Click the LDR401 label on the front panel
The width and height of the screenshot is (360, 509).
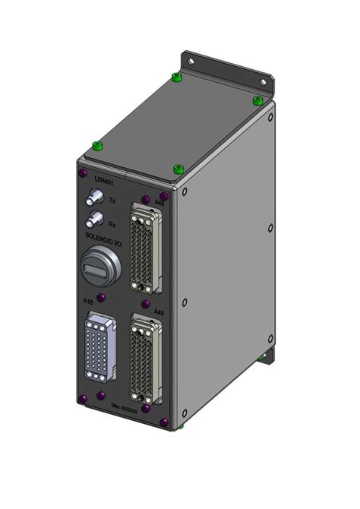[94, 182]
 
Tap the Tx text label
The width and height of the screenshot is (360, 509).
[113, 200]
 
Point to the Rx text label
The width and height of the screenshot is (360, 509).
[112, 223]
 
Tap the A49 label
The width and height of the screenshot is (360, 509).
[158, 312]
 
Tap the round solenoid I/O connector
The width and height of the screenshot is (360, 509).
[98, 267]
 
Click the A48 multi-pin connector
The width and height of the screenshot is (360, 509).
[144, 246]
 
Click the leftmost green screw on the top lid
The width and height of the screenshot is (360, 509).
[96, 146]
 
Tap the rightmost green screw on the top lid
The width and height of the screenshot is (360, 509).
[257, 100]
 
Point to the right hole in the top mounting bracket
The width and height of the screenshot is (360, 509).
[264, 81]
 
